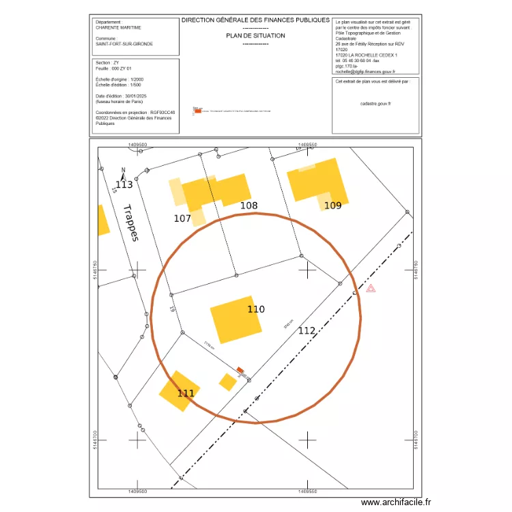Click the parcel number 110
click(256, 309)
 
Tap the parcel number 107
click(182, 218)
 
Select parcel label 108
click(248, 205)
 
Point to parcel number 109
click(332, 205)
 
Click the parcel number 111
click(186, 393)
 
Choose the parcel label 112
click(307, 330)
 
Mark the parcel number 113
click(124, 185)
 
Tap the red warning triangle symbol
click(371, 289)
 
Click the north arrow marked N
click(123, 172)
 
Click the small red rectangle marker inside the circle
click(240, 371)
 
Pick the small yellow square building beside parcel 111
click(227, 382)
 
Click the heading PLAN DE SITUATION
click(255, 35)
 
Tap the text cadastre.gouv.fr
click(375, 104)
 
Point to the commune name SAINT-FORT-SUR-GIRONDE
click(124, 44)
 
